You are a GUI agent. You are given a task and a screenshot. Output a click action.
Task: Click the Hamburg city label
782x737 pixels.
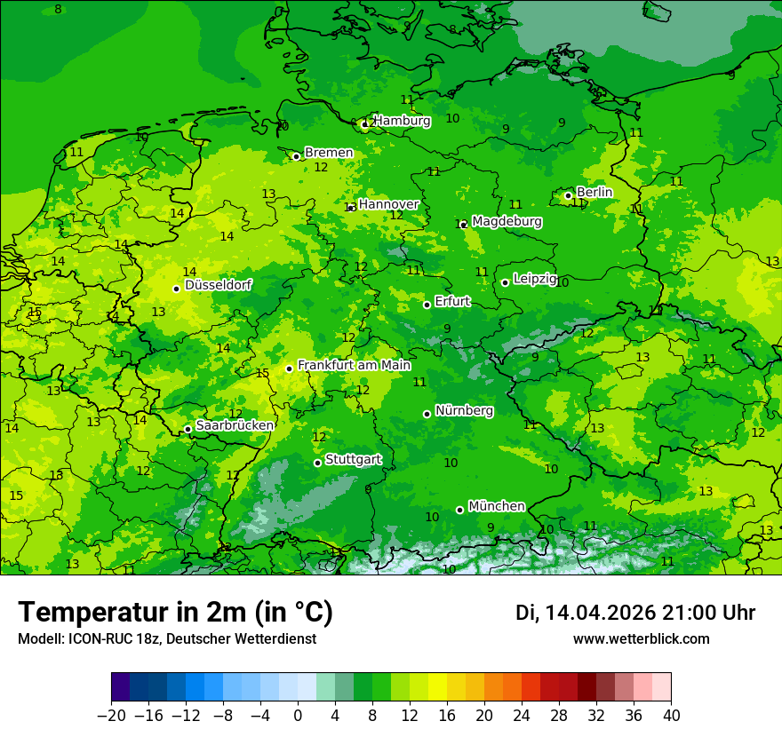tap(402, 121)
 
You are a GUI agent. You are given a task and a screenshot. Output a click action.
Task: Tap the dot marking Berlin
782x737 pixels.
tap(569, 195)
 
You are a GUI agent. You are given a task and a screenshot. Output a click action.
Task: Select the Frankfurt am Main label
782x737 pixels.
tap(354, 365)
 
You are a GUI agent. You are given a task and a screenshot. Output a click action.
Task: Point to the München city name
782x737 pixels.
tap(496, 506)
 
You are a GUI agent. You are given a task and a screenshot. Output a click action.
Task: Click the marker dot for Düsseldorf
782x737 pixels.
tap(176, 289)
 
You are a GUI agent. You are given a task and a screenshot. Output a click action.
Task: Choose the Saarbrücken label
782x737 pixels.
tap(235, 425)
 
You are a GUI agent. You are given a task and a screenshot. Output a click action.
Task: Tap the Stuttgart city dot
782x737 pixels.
tap(317, 463)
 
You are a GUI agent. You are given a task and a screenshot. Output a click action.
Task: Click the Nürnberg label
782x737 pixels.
tap(464, 411)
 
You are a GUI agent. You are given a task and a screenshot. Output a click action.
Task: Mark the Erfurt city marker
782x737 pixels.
tap(427, 305)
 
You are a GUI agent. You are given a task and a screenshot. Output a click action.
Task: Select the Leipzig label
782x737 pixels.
tap(535, 279)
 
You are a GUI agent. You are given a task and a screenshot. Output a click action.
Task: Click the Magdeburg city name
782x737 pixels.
tap(507, 221)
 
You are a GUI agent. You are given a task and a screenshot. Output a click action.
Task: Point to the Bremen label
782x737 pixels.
tap(329, 153)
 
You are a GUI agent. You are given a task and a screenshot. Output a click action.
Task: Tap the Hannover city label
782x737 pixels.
tap(388, 204)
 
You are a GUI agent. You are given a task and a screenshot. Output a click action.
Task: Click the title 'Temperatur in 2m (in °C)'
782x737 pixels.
tap(175, 613)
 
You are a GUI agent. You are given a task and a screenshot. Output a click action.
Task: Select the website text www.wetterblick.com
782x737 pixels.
tap(641, 638)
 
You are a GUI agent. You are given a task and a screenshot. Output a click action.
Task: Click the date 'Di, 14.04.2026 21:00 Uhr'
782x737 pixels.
tap(635, 613)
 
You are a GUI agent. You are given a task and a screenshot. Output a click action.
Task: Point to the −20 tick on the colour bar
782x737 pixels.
tap(111, 716)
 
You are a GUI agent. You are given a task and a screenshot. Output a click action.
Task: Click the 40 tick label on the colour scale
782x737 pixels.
tap(671, 716)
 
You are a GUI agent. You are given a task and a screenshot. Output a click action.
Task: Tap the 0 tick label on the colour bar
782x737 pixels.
tap(298, 716)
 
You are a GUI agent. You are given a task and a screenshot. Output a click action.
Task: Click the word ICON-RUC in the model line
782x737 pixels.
tap(93, 638)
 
